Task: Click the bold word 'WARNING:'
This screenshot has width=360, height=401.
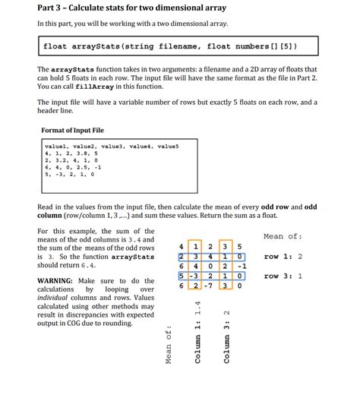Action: (x=58, y=281)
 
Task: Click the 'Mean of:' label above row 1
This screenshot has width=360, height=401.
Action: (x=283, y=236)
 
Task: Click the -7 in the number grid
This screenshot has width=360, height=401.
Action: (x=211, y=286)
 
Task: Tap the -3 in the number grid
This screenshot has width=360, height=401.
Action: (x=196, y=276)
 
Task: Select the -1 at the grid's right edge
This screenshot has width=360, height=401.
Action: (x=241, y=267)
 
